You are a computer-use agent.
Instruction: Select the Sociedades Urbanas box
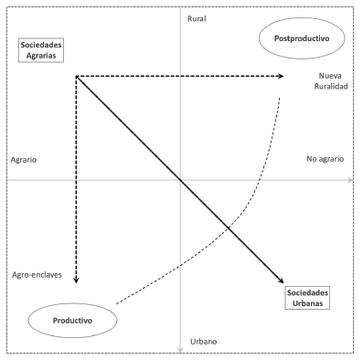(x=304, y=297)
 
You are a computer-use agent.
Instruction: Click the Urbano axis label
(x=204, y=342)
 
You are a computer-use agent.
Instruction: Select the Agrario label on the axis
(x=24, y=159)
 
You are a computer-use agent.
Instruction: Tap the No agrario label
(x=325, y=159)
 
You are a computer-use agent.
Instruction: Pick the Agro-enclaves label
(x=37, y=274)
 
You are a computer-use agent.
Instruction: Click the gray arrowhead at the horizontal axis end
(x=351, y=181)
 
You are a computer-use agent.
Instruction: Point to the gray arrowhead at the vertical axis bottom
(x=182, y=347)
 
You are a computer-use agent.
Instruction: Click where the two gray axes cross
(x=182, y=181)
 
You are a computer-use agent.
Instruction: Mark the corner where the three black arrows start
(x=76, y=75)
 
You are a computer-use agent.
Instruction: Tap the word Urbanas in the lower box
(x=304, y=302)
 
